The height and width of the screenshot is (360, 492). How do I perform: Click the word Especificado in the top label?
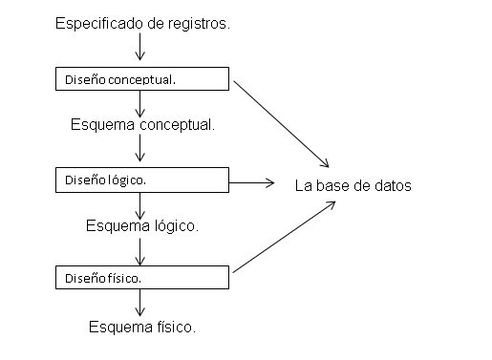click(98, 21)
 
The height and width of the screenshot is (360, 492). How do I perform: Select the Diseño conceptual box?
click(140, 78)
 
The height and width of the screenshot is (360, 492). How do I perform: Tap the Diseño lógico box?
click(140, 179)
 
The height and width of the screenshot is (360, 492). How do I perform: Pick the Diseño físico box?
click(140, 278)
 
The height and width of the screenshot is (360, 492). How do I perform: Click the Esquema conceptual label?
click(141, 125)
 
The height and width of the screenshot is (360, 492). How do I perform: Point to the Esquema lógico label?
click(141, 226)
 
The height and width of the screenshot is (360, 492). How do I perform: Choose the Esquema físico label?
click(141, 327)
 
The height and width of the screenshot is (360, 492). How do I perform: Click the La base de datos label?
click(353, 185)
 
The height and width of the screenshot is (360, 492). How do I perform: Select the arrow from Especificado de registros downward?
click(140, 46)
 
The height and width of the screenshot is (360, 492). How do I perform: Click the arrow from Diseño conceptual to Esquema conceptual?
click(140, 102)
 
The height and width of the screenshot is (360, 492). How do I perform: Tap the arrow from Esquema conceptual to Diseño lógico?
click(140, 148)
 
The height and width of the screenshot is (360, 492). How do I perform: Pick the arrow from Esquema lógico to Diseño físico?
click(140, 250)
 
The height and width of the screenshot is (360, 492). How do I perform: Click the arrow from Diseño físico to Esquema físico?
click(140, 303)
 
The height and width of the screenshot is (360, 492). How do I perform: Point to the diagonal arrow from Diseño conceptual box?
click(284, 122)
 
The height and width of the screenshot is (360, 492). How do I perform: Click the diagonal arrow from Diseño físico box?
click(284, 236)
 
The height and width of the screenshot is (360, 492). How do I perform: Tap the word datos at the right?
click(392, 185)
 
